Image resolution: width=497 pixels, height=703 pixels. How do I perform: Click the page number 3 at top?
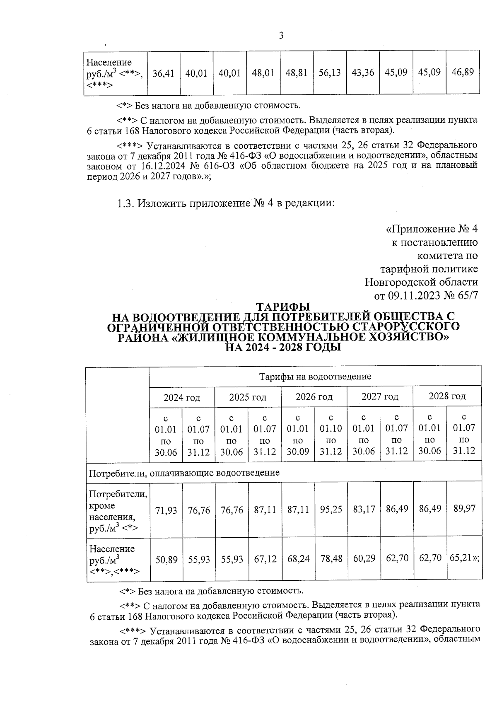[281, 36]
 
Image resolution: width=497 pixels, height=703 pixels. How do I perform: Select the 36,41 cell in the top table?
[163, 73]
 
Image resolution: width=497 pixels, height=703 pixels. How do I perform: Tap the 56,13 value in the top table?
[330, 73]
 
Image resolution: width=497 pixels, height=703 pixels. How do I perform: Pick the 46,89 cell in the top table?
[463, 72]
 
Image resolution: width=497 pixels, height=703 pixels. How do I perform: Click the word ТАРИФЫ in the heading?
[283, 307]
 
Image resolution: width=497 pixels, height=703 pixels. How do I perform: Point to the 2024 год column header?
[181, 398]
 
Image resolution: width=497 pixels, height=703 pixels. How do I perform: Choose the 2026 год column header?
[314, 397]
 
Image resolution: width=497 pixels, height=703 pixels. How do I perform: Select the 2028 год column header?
[447, 396]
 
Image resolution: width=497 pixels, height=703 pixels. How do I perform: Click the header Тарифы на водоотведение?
[315, 377]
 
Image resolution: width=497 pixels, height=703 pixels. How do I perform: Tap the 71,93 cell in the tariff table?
[166, 510]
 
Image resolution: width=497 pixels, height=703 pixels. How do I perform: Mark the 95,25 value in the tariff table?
[331, 509]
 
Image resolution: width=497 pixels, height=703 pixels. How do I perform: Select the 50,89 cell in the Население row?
[166, 560]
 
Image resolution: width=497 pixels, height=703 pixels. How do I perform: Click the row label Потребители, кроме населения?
[118, 511]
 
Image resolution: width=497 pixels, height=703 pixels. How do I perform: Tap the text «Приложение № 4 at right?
[432, 229]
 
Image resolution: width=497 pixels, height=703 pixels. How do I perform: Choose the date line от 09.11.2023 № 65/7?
[426, 295]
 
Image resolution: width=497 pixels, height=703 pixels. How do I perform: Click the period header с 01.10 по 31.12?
[331, 435]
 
